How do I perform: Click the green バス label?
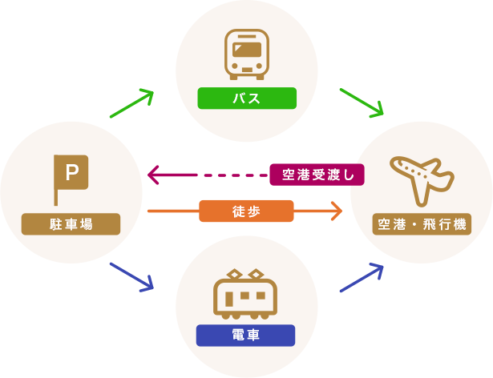(x=247, y=99)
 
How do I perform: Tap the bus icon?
(x=247, y=54)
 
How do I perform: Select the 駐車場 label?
(x=71, y=224)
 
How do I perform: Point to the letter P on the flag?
(x=72, y=171)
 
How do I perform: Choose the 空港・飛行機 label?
(x=422, y=224)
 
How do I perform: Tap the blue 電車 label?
(x=245, y=335)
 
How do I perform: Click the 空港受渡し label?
(x=317, y=174)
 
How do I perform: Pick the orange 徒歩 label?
(x=246, y=211)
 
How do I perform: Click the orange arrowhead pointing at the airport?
(x=335, y=211)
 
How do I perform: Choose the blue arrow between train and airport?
(x=363, y=278)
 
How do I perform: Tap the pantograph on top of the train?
(x=245, y=274)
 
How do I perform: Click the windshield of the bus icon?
(x=247, y=50)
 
